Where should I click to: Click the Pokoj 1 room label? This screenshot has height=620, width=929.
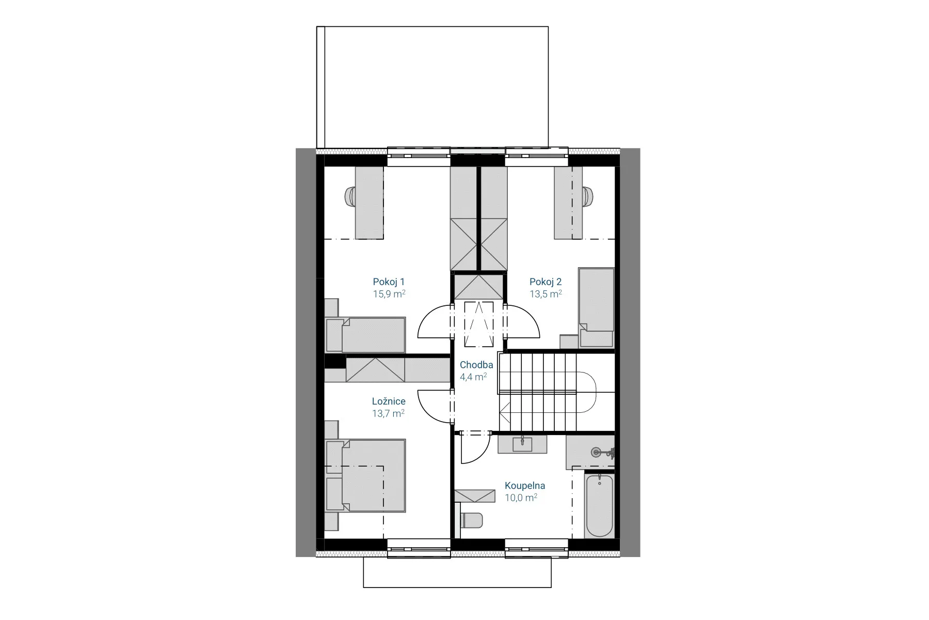tap(389, 282)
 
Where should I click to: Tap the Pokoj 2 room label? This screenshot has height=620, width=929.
tap(546, 282)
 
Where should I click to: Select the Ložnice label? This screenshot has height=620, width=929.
tap(389, 401)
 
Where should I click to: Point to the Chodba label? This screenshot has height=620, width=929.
tap(476, 365)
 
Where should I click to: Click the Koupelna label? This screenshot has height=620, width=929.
tap(525, 486)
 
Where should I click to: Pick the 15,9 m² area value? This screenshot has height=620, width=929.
tap(389, 295)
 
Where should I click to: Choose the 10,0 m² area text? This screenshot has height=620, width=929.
tap(521, 498)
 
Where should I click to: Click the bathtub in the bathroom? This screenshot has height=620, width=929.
tap(599, 504)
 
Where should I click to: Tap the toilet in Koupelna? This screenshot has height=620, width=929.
tap(471, 520)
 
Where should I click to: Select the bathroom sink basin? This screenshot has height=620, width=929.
tap(522, 444)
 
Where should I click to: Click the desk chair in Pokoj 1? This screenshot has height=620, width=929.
tap(350, 196)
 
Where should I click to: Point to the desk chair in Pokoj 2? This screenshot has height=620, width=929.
tap(587, 196)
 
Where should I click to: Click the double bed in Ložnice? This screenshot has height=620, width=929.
tap(366, 475)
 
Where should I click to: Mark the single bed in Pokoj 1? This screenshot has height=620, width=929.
tap(365, 335)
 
